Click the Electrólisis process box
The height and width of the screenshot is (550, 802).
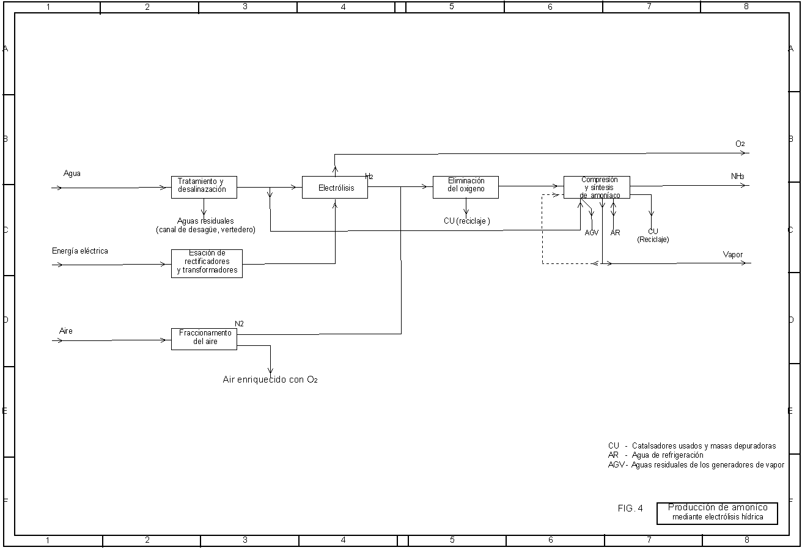tap(335, 188)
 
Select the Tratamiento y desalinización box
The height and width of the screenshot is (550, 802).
tap(204, 186)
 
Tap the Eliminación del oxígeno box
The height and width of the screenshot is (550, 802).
tap(466, 186)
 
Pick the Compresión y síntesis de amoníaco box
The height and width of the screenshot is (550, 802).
tap(597, 187)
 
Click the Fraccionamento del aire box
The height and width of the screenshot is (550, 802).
tap(204, 338)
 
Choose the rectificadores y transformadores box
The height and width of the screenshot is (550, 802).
tap(207, 263)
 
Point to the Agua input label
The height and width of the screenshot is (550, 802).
tap(72, 174)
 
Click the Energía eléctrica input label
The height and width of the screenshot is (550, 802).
tap(80, 251)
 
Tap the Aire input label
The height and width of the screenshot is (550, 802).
tap(66, 331)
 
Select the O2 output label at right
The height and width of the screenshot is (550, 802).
tap(740, 144)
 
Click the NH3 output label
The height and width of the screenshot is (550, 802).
tap(738, 177)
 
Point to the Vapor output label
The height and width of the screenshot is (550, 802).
tap(733, 255)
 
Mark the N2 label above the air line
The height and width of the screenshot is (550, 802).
tap(240, 323)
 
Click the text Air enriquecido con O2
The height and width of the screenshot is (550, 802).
tap(270, 380)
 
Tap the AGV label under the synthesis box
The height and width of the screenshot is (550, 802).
tap(591, 233)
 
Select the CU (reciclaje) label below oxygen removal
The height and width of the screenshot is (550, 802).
tap(467, 221)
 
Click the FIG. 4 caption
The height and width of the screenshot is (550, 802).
tap(630, 508)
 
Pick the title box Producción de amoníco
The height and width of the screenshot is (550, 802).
tap(718, 513)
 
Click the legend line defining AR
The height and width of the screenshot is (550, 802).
tap(656, 455)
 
